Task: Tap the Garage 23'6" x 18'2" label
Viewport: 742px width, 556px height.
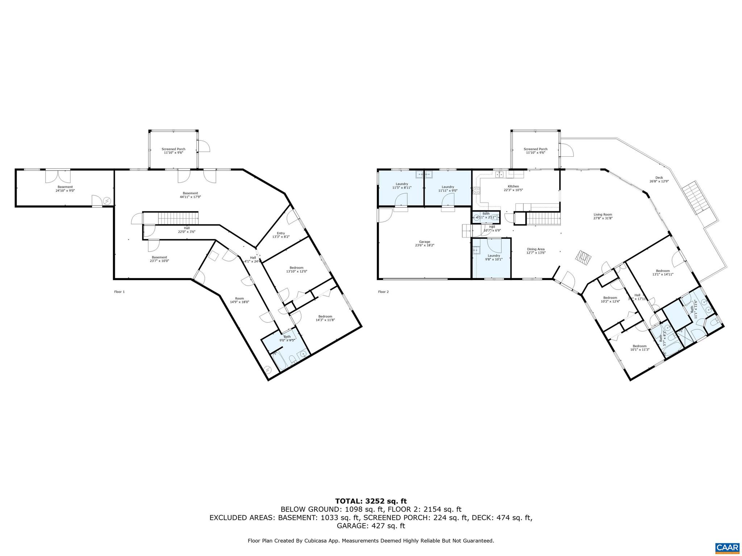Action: click(425, 243)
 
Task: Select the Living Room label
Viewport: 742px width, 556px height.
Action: click(603, 216)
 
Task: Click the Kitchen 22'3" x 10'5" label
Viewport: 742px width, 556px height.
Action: click(513, 188)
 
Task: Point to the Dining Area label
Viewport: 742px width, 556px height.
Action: click(536, 250)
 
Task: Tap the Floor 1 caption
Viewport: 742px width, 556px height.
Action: click(119, 291)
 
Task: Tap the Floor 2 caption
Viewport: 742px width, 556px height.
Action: click(383, 291)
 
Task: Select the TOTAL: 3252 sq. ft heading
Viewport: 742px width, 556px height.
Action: click(371, 501)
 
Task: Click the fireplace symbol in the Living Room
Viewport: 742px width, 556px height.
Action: click(583, 257)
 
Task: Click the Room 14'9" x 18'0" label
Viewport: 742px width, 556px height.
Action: click(239, 300)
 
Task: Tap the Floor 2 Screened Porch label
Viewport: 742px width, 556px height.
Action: click(535, 151)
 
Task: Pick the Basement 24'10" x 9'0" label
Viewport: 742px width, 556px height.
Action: click(65, 189)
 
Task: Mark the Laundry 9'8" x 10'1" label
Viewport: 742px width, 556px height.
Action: click(493, 257)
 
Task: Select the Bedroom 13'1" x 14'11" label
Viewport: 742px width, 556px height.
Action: click(663, 272)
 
